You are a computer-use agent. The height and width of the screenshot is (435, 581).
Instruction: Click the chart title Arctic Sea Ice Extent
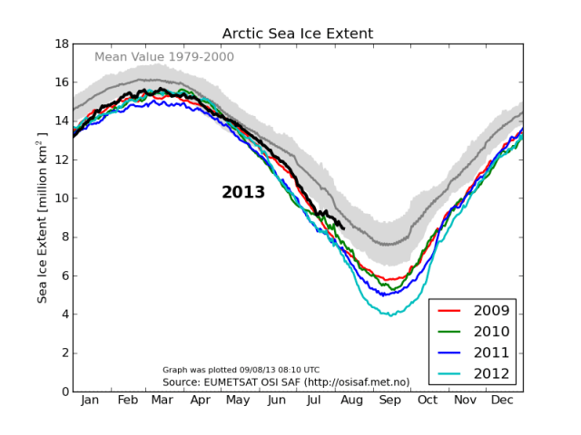coord(298,34)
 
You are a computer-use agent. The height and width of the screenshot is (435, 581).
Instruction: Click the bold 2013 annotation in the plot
coord(243,192)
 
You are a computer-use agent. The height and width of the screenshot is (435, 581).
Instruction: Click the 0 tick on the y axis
coord(63,391)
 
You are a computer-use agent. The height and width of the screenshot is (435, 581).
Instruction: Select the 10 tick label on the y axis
coord(59,198)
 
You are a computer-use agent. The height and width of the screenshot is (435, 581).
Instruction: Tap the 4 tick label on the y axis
coord(63,314)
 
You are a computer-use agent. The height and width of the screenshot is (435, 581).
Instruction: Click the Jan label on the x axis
coord(91,400)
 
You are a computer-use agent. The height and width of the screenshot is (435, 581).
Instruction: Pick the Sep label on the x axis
coord(389,400)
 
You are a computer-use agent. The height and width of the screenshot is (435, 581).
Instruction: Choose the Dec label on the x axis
coord(502,400)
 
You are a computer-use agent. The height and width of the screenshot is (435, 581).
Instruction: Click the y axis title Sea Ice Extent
coord(42,217)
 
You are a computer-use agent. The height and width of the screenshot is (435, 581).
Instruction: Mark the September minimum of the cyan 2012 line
coord(391,315)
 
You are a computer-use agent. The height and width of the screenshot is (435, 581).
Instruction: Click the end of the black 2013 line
coord(342,227)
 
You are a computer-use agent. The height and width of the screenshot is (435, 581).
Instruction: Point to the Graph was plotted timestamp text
coord(241,370)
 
